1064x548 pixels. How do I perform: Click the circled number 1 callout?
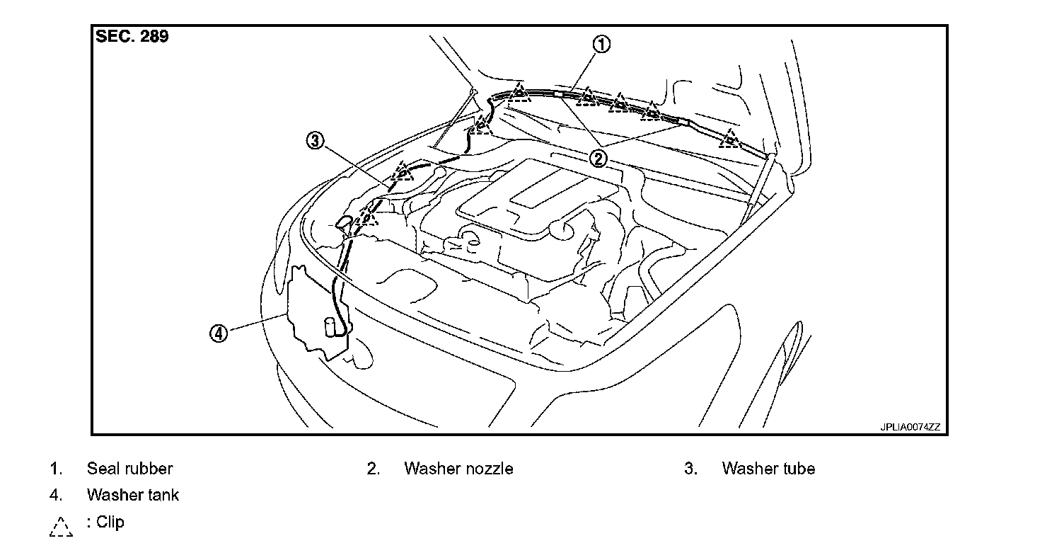click(x=601, y=45)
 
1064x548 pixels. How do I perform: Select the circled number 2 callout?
click(x=599, y=158)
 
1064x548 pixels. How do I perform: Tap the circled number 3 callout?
click(x=315, y=141)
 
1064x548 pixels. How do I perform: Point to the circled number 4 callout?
click(x=219, y=333)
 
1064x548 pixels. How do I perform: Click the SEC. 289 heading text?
click(x=132, y=38)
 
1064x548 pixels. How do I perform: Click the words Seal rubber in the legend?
click(x=129, y=469)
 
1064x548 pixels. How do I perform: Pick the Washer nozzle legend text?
click(x=458, y=469)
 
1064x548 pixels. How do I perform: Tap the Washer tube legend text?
click(x=768, y=469)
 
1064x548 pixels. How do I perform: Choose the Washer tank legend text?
click(x=133, y=495)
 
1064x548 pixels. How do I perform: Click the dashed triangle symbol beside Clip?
click(x=61, y=526)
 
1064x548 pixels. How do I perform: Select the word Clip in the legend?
click(x=110, y=523)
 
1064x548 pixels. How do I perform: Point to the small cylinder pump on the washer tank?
click(x=330, y=326)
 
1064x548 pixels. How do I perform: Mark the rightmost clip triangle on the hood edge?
click(x=729, y=139)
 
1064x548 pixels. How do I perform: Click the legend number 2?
click(x=374, y=469)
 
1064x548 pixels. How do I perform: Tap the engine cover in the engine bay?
click(x=538, y=198)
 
